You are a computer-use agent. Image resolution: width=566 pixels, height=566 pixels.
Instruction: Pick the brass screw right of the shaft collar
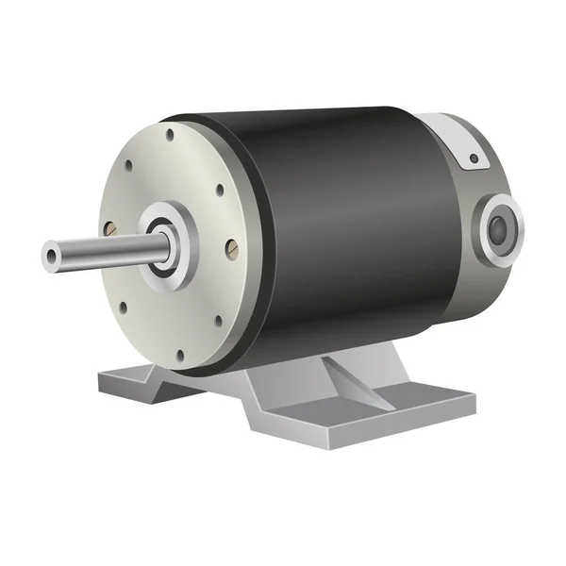pos(232,248)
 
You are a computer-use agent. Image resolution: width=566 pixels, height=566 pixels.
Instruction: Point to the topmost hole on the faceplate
pos(170,136)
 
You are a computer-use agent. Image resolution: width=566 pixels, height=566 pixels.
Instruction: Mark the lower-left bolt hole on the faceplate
pos(123,304)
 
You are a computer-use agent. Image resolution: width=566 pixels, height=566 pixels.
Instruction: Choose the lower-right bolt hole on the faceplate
pos(218,321)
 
